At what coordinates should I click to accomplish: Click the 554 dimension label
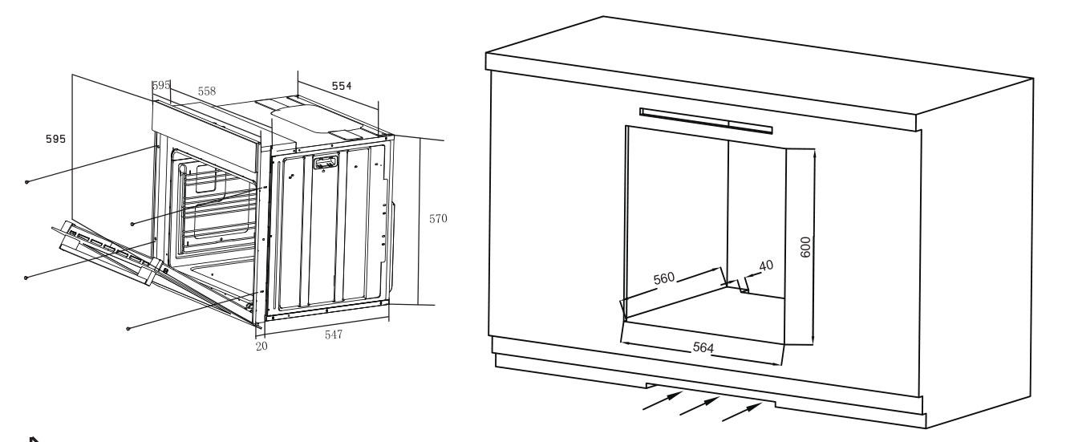click(x=342, y=86)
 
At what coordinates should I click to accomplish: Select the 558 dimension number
click(x=207, y=91)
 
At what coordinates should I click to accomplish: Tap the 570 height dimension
click(x=438, y=219)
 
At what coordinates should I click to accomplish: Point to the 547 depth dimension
click(x=334, y=335)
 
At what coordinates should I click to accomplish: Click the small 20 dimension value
click(x=261, y=347)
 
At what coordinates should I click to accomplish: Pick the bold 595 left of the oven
click(x=55, y=139)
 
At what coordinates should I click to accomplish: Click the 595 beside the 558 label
click(x=161, y=85)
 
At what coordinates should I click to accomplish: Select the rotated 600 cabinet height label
click(x=805, y=247)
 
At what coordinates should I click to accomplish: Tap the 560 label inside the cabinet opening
click(x=664, y=278)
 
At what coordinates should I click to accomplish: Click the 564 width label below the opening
click(x=703, y=347)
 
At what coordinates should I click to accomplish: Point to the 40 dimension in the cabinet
click(x=766, y=266)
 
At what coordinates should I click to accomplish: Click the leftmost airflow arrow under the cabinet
click(x=663, y=400)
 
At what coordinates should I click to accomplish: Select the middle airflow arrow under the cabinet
click(x=699, y=406)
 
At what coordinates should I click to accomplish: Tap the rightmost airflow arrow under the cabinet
click(x=742, y=412)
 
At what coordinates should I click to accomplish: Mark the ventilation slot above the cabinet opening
click(x=706, y=121)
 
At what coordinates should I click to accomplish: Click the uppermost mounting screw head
click(x=26, y=182)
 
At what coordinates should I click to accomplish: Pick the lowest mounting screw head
click(x=128, y=329)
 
